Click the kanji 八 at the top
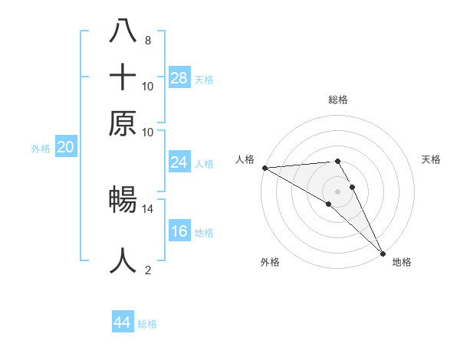(123, 31)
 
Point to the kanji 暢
(123, 200)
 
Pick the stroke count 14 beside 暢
(148, 208)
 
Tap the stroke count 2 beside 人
(147, 270)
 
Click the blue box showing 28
(179, 77)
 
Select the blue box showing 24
(179, 162)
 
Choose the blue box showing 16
(179, 231)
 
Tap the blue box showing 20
(65, 148)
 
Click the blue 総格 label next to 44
(147, 324)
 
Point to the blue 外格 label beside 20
(41, 149)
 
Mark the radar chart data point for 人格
(264, 168)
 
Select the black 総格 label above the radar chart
(337, 100)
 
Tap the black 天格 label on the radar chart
(431, 159)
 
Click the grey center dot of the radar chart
(337, 191)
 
